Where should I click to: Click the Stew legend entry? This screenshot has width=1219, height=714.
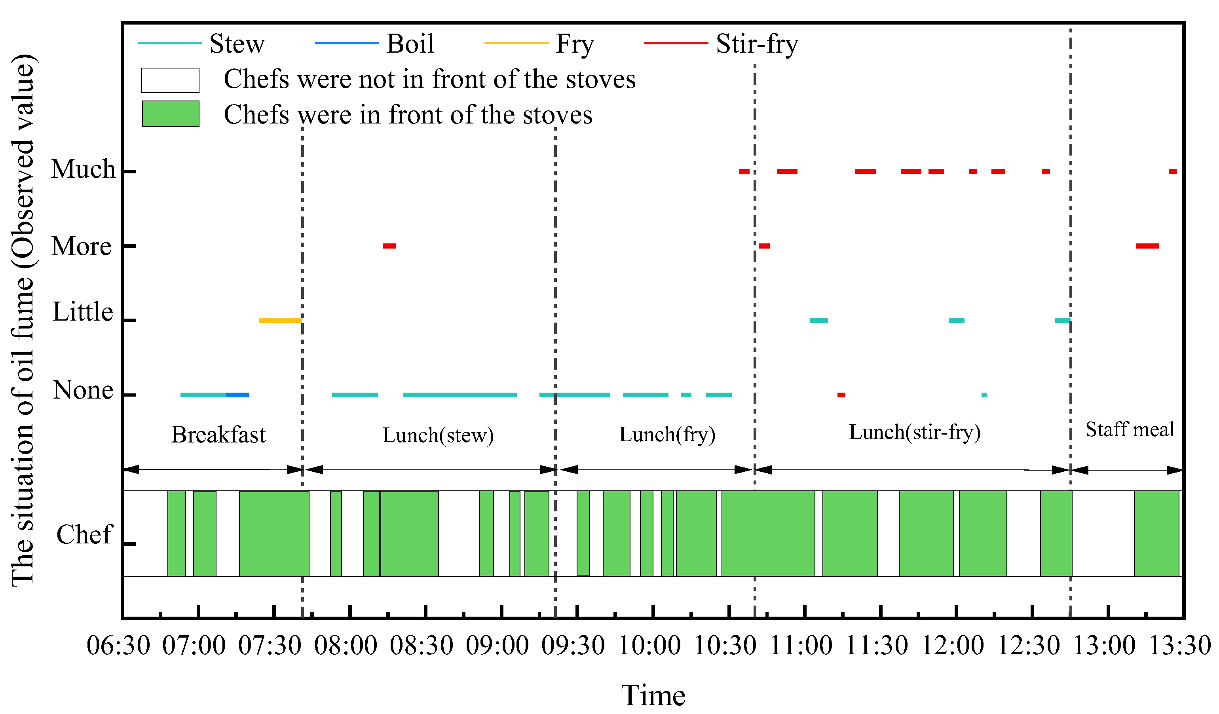coord(237,44)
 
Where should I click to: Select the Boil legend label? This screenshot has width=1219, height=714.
coord(410,44)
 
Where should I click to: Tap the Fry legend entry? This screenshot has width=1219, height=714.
coord(574,44)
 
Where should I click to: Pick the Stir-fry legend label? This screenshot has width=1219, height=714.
coord(757,44)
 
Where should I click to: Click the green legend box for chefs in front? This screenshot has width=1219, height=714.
coord(170,114)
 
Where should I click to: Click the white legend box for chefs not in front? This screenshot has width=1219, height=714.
coord(170,80)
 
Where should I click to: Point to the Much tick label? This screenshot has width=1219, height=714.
coord(83,169)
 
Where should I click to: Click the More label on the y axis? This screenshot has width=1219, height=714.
coord(81,246)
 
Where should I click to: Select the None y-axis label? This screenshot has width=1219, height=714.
coord(83,390)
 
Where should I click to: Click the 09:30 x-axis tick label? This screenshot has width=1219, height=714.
coord(573,646)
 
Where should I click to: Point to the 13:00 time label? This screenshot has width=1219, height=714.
coord(1104,646)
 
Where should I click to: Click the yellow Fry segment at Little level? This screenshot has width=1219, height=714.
coord(280,320)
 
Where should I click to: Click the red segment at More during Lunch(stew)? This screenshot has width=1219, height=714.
coord(389,246)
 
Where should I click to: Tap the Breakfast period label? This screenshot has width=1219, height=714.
coord(218,435)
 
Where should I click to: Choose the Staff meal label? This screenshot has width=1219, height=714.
coord(1130,429)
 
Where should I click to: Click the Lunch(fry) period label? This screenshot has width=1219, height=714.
coord(667,435)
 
